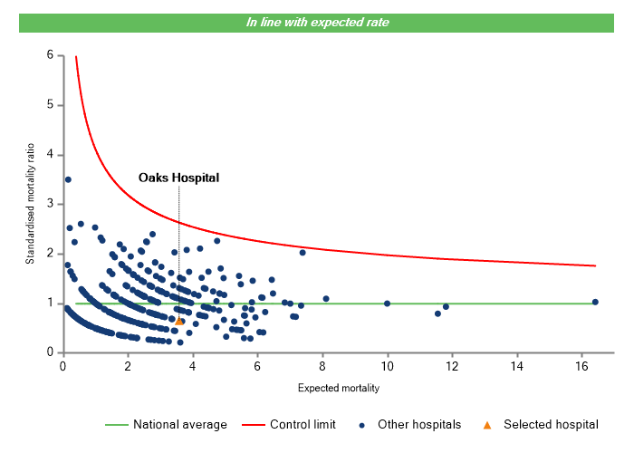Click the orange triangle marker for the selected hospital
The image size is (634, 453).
[178, 321]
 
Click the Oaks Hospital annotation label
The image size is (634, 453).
[178, 178]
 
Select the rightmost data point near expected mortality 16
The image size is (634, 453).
[595, 302]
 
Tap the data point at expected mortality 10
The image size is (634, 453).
[388, 304]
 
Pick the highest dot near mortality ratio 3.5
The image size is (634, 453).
[68, 179]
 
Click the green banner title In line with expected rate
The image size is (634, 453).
[317, 22]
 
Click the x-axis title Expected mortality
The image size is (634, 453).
[338, 389]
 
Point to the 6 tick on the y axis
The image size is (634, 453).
[50, 55]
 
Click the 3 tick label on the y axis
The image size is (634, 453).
[50, 204]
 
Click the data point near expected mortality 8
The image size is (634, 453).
[326, 298]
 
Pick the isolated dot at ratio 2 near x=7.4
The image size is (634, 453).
[303, 253]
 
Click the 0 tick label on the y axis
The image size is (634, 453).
[50, 352]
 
